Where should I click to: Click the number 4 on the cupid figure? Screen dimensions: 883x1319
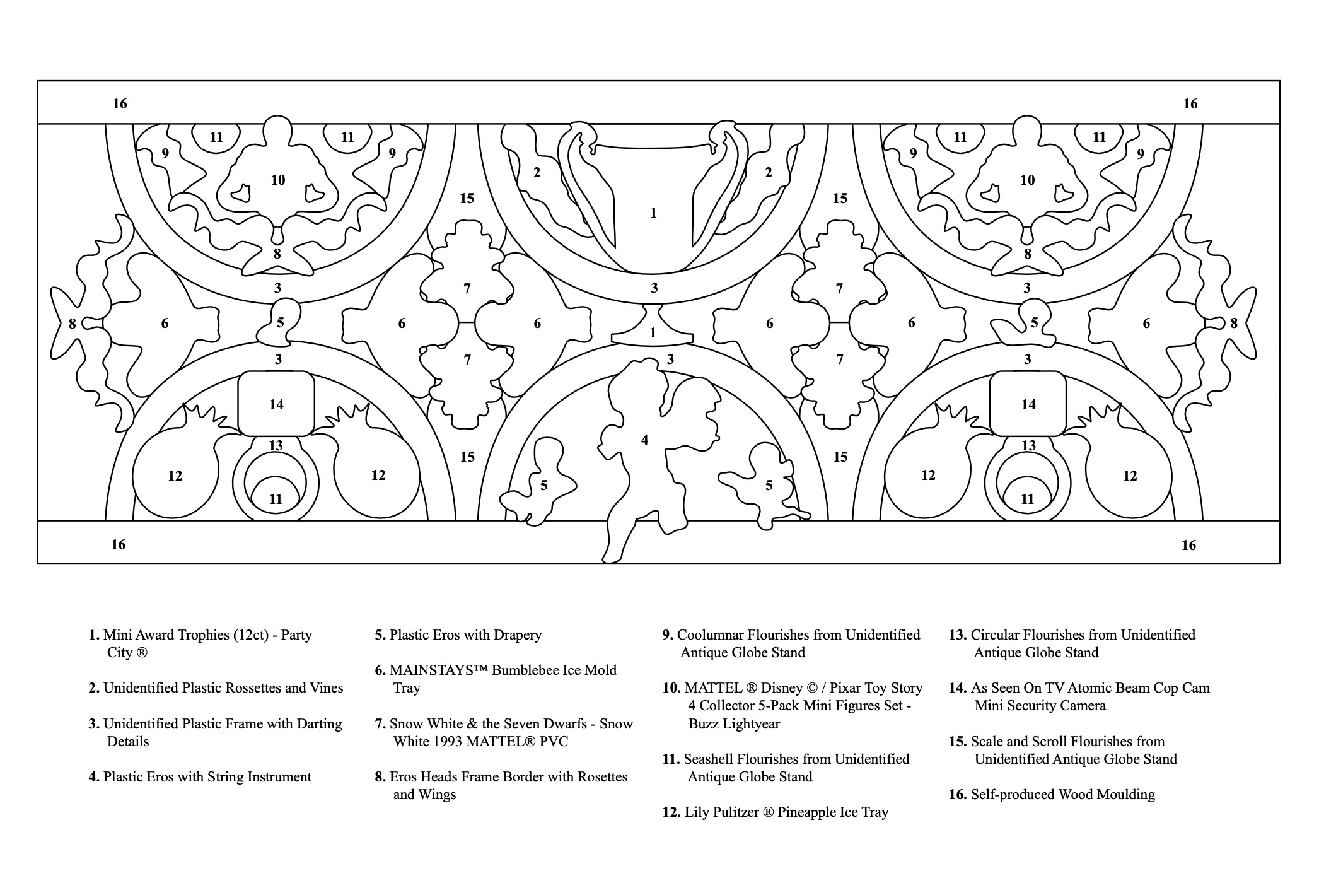[644, 440]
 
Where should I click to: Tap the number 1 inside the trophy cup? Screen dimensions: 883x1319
[653, 213]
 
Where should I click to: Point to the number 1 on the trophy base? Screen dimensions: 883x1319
[653, 332]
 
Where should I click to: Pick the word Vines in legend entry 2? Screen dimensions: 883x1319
[325, 688]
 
